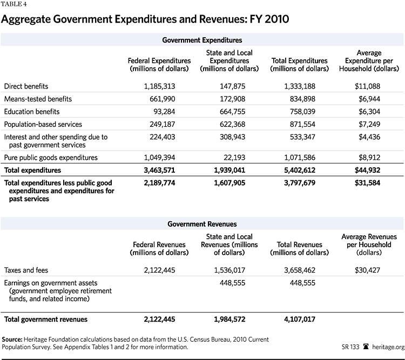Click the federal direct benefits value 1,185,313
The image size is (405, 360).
pyautogui.click(x=159, y=86)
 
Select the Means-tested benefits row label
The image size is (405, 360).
pyautogui.click(x=37, y=99)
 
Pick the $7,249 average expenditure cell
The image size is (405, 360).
pyautogui.click(x=370, y=124)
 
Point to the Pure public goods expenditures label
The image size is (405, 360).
pyautogui.click(x=51, y=158)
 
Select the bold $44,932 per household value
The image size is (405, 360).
pyautogui.click(x=369, y=171)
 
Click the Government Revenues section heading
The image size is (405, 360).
pyautogui.click(x=202, y=223)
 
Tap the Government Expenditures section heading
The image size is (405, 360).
pyautogui.click(x=202, y=40)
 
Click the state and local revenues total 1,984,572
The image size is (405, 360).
pyautogui.click(x=232, y=320)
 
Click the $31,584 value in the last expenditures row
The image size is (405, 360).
pyautogui.click(x=369, y=184)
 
